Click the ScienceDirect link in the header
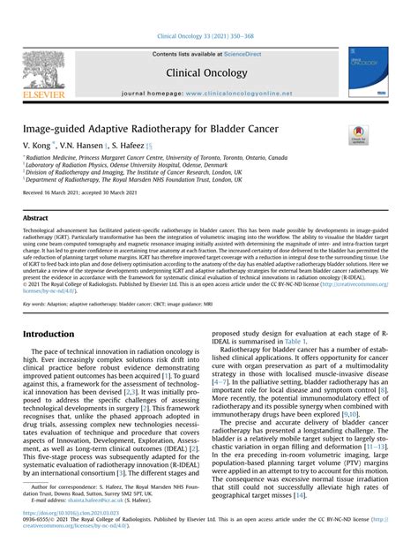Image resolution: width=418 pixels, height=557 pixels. [250, 54]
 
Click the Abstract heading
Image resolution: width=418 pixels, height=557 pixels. [36, 217]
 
